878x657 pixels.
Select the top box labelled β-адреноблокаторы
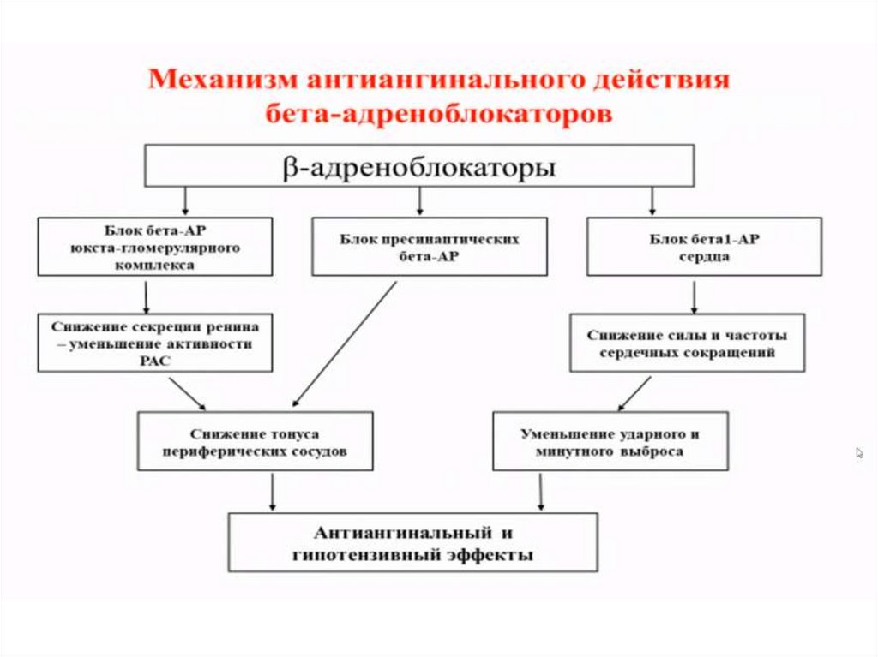pyautogui.click(x=418, y=166)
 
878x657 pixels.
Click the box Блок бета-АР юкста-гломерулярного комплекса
pyautogui.click(x=156, y=246)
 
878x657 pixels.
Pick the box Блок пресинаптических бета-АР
pyautogui.click(x=429, y=247)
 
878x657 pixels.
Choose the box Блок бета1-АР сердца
pyautogui.click(x=703, y=247)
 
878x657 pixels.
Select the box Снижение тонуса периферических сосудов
pyautogui.click(x=256, y=440)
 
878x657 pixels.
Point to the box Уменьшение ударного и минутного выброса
pyautogui.click(x=610, y=440)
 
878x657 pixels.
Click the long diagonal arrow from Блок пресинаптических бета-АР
pyautogui.click(x=339, y=343)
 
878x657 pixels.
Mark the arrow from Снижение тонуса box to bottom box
pyautogui.click(x=273, y=492)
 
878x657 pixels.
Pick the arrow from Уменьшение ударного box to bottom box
pyautogui.click(x=540, y=492)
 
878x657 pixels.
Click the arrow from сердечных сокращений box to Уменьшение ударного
pyautogui.click(x=634, y=391)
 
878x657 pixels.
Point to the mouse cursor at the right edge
pyautogui.click(x=859, y=452)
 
